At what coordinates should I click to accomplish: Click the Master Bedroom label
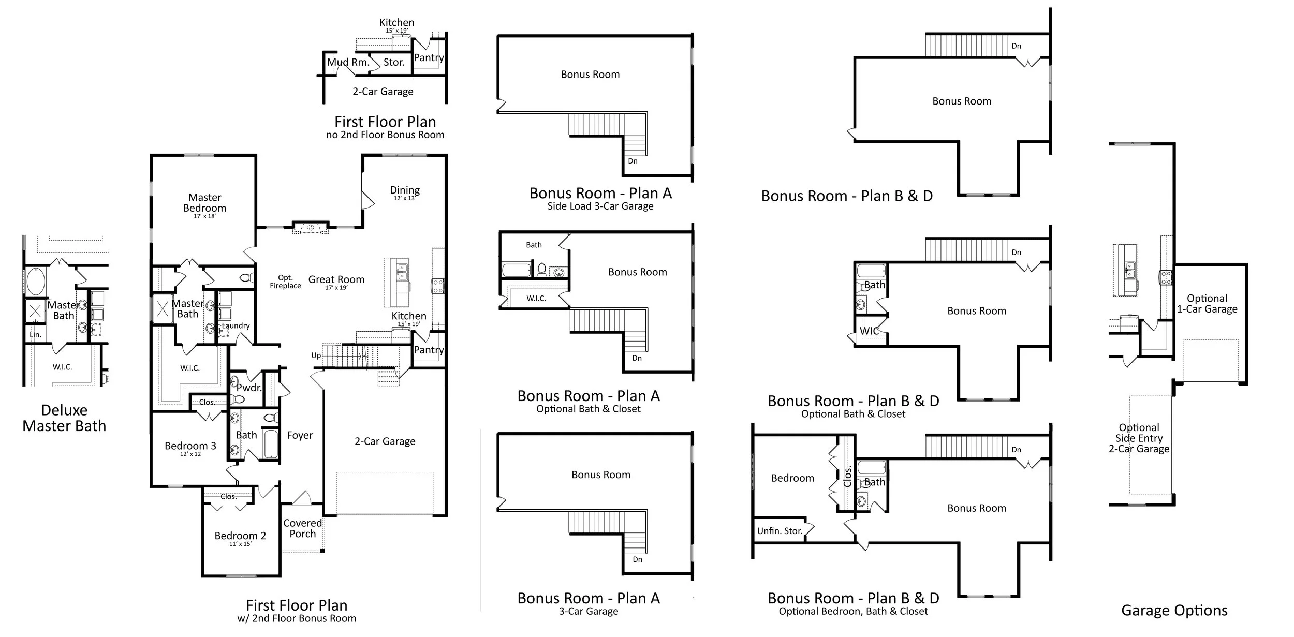click(204, 203)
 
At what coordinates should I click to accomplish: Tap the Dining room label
click(405, 191)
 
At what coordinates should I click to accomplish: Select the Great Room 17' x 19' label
click(336, 282)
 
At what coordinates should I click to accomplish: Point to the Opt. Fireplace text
click(285, 282)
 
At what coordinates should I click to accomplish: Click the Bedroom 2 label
click(240, 536)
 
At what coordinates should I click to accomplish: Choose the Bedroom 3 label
click(190, 446)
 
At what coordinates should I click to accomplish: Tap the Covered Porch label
click(303, 528)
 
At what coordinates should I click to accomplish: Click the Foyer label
click(300, 436)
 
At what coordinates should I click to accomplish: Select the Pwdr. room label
click(249, 388)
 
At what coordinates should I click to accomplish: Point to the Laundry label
click(236, 325)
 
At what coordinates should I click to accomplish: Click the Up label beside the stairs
click(316, 355)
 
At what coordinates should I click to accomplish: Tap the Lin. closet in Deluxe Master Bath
click(35, 335)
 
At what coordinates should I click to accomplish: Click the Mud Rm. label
click(348, 62)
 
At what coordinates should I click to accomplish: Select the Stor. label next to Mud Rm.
click(393, 63)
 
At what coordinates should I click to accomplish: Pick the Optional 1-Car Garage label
click(1207, 304)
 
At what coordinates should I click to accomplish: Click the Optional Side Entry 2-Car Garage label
click(1139, 438)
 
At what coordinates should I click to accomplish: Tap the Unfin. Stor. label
click(780, 531)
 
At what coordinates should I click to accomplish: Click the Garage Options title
click(1174, 611)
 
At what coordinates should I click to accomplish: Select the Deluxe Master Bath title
click(64, 418)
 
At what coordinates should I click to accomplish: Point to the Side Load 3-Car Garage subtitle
click(600, 206)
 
